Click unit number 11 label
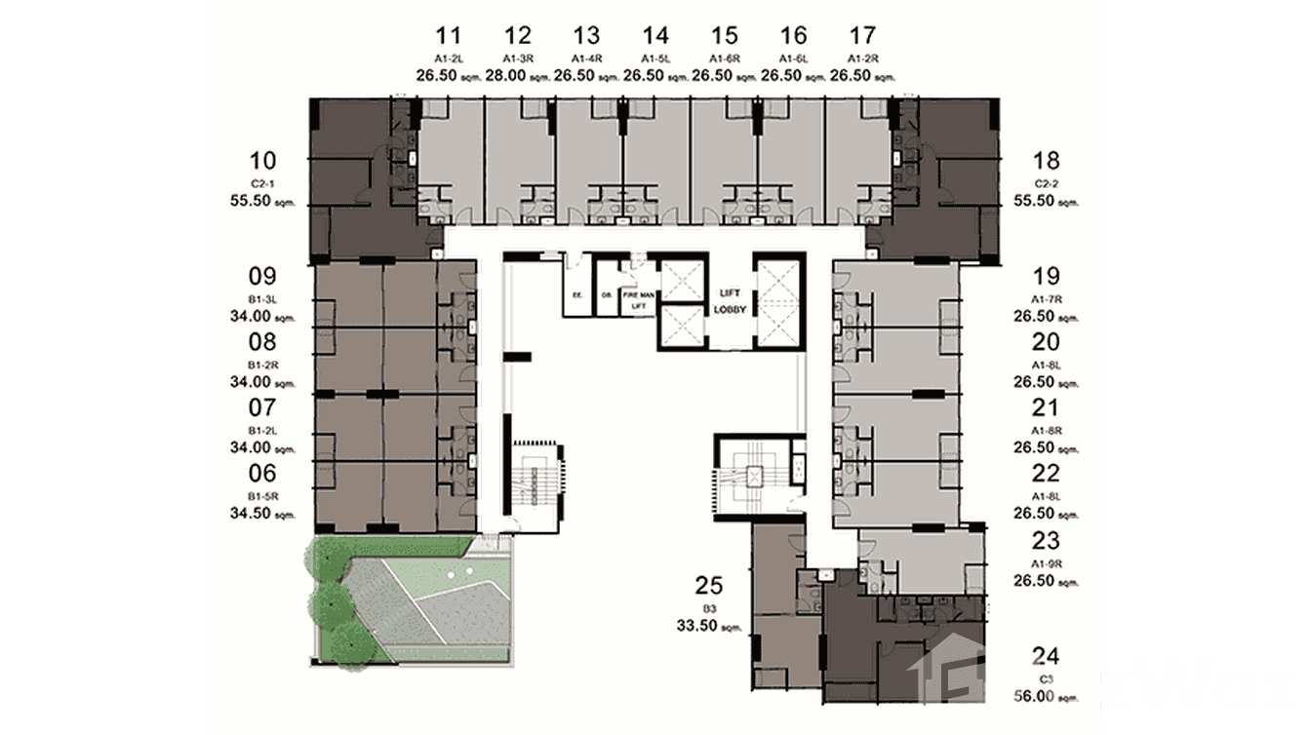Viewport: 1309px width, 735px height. tap(448, 37)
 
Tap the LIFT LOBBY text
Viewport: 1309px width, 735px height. tap(731, 299)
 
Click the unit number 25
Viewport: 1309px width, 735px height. tap(708, 586)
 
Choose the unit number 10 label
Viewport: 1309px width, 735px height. tap(262, 161)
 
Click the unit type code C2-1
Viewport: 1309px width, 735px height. tap(262, 183)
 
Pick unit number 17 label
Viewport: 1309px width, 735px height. tap(862, 37)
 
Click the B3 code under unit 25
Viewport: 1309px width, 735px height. tap(708, 607)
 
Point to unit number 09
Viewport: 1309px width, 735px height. tap(262, 276)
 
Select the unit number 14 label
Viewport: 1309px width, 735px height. tap(655, 37)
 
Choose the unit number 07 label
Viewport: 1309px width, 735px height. tap(262, 407)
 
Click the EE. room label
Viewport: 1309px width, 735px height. tap(576, 292)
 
